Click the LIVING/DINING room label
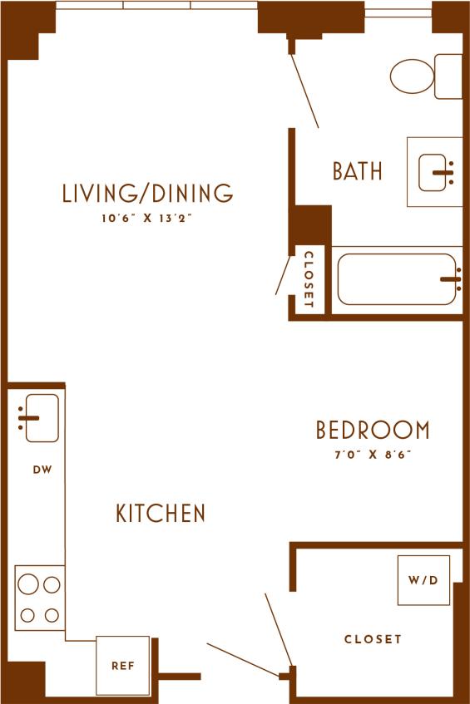click(147, 194)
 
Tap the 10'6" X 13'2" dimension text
click(147, 220)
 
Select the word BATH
click(358, 171)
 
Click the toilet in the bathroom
click(413, 76)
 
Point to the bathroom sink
click(435, 170)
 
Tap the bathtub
click(398, 279)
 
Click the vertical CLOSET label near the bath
click(309, 279)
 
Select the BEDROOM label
click(373, 430)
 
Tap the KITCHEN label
click(161, 513)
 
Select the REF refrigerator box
click(122, 665)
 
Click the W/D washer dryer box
click(423, 579)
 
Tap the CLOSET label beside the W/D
click(373, 639)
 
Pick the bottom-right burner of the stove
click(52, 616)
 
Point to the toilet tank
click(448, 76)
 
